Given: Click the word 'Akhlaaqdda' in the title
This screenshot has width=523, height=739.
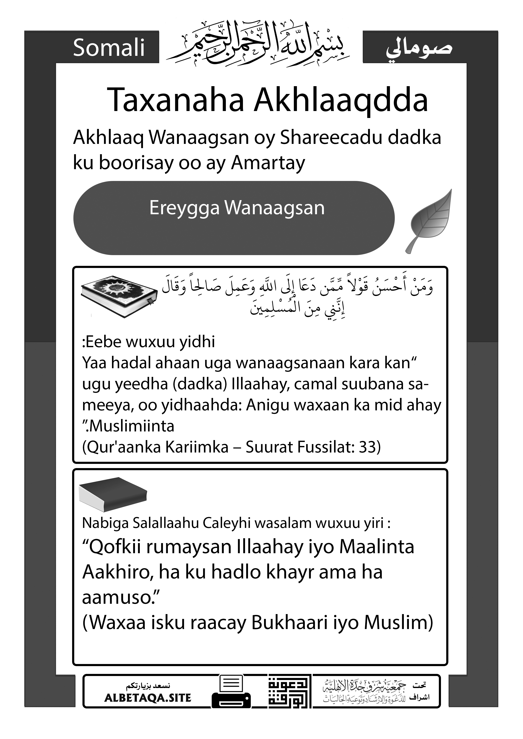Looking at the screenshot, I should [x=341, y=100].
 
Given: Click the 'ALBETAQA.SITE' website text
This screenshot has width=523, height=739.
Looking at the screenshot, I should [x=148, y=698].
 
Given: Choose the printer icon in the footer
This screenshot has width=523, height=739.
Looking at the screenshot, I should [x=231, y=691].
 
